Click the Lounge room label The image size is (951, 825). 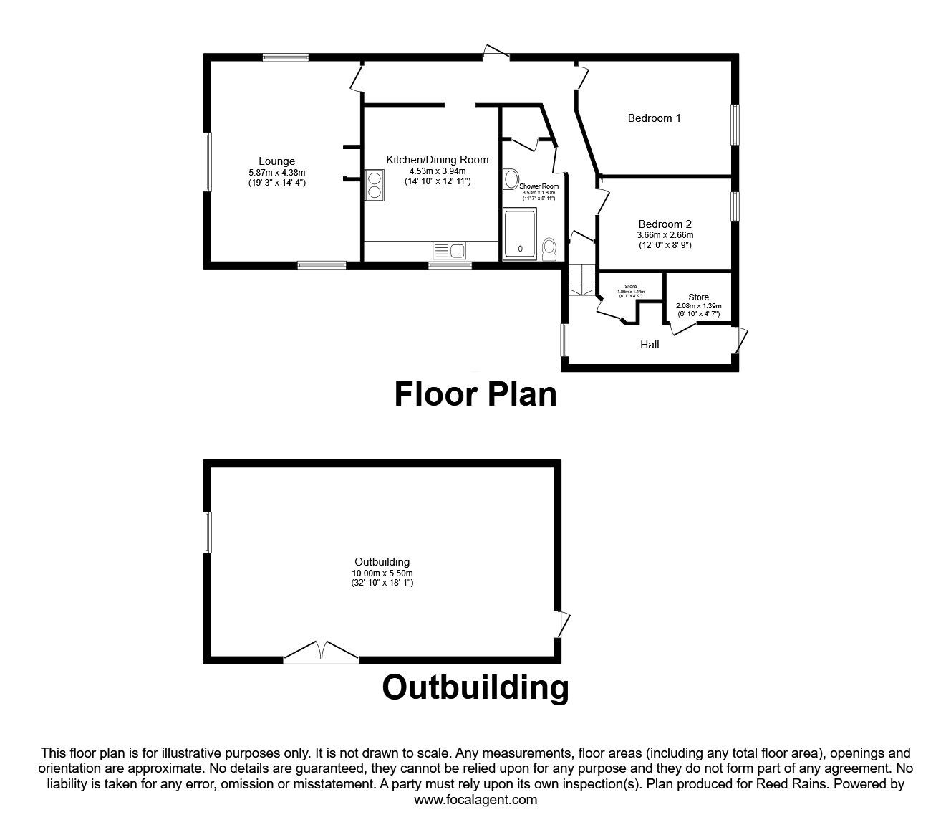(276, 161)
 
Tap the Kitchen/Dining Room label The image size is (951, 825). (437, 159)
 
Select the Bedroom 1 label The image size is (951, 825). (654, 118)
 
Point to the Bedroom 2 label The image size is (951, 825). (665, 224)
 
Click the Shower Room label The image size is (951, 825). (539, 186)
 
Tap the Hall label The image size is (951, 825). (650, 345)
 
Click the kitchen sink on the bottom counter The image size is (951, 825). (449, 250)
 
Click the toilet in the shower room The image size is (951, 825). (549, 248)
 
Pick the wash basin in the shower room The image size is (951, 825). (511, 178)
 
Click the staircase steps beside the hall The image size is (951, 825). (582, 280)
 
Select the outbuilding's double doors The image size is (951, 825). (321, 652)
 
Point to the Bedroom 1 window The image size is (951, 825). (735, 125)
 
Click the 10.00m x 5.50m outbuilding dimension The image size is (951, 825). (382, 573)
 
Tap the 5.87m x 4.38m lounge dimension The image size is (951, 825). (276, 173)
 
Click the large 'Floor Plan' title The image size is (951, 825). (475, 394)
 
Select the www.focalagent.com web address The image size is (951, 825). (475, 800)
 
